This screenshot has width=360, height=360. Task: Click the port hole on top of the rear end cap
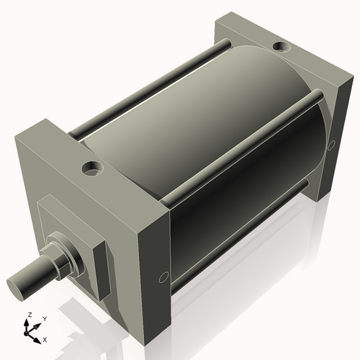pos(280,49)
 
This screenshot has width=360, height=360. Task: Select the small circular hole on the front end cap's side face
pos(163,277)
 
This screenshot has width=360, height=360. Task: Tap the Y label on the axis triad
pos(44,318)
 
